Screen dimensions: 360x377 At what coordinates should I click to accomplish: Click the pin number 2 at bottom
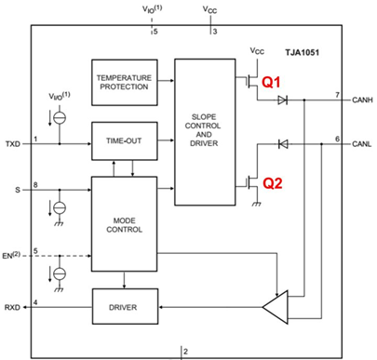point(186,351)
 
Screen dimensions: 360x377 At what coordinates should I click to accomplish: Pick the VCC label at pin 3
point(211,11)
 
